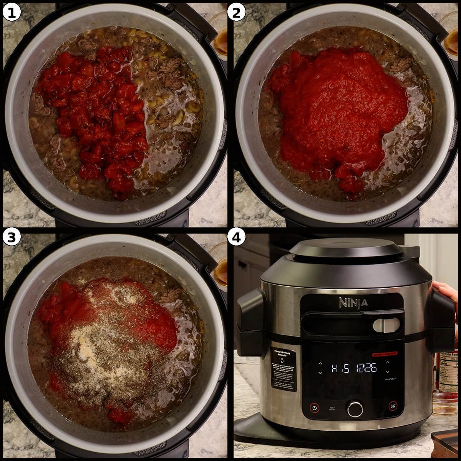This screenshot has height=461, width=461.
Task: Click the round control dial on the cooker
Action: point(355,408)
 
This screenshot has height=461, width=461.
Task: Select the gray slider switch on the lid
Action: point(382,325)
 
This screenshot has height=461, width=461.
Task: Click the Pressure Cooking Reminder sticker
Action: point(283,369)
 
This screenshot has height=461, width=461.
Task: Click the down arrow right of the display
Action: point(388,372)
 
